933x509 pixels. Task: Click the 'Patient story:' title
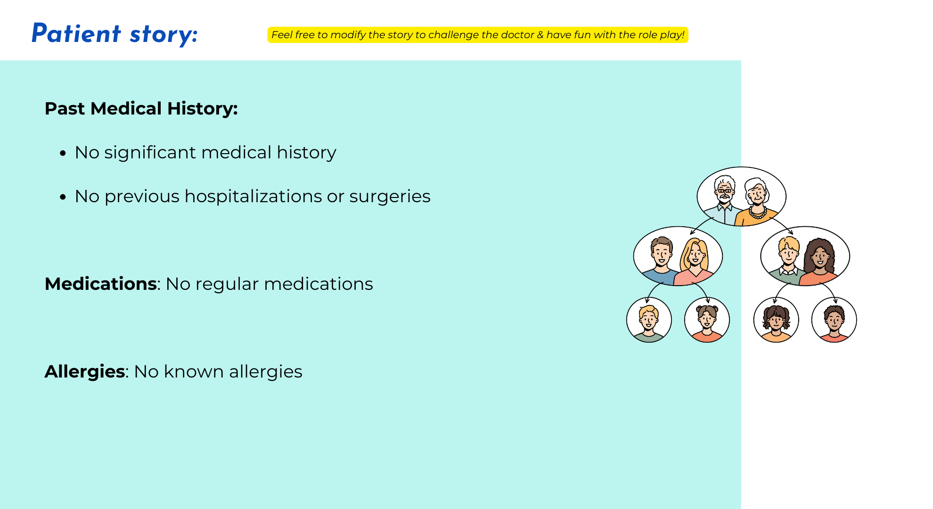click(115, 34)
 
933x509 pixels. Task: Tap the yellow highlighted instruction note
click(478, 35)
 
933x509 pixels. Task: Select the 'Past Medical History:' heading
click(141, 108)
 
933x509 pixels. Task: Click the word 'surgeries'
click(390, 197)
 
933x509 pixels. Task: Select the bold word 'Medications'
click(101, 284)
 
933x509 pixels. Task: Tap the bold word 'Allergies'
click(85, 371)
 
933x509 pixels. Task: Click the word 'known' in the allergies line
click(194, 371)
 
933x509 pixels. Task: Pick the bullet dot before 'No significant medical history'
click(63, 153)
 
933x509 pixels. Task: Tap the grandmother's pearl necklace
click(758, 213)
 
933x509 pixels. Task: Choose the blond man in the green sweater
click(788, 261)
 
